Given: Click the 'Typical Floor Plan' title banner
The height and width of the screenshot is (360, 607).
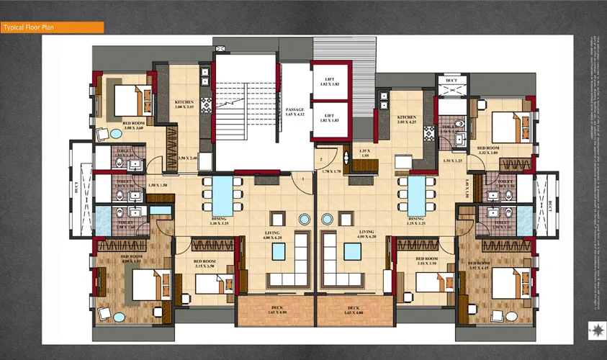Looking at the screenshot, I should [x=52, y=27].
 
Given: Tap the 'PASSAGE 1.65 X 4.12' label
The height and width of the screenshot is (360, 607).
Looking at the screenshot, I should [x=294, y=112].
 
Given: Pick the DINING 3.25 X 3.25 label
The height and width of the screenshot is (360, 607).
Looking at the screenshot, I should [x=415, y=221].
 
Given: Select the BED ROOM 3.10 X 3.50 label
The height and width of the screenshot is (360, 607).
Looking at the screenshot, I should [x=422, y=260].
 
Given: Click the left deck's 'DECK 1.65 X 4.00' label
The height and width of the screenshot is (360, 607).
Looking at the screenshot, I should [x=277, y=311].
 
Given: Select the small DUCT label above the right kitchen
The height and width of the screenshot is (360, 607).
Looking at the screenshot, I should [x=451, y=80].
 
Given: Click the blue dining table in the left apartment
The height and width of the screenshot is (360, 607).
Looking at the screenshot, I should [x=222, y=193].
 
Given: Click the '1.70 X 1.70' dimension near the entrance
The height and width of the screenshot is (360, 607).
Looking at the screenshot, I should [x=331, y=171].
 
